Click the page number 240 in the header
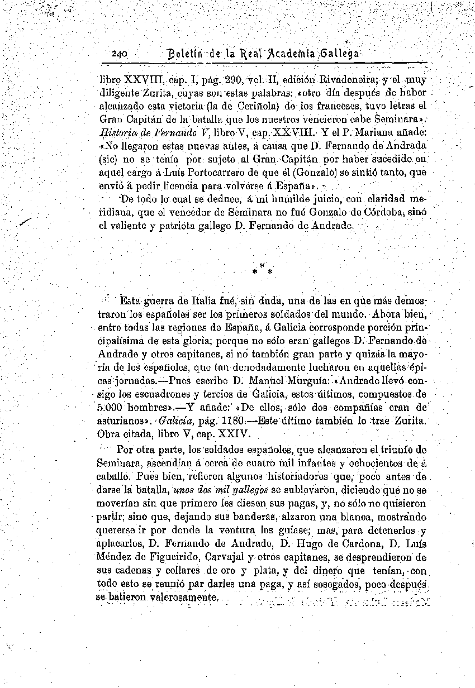pos(120,55)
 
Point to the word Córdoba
pos(391,212)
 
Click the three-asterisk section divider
pos(262,270)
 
